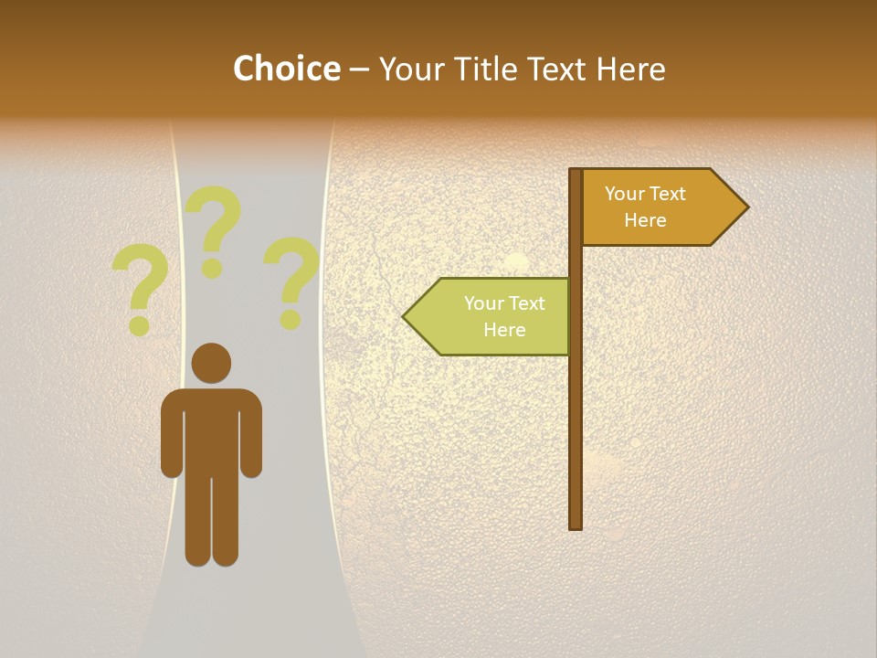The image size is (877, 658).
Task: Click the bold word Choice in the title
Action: pyautogui.click(x=286, y=69)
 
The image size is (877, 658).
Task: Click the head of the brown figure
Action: pyautogui.click(x=211, y=363)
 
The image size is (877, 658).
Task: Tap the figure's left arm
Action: pyautogui.click(x=172, y=434)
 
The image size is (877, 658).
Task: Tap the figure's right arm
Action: pyautogui.click(x=251, y=434)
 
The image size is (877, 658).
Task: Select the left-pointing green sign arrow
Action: pyautogui.click(x=489, y=316)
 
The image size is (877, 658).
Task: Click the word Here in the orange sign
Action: pyautogui.click(x=645, y=220)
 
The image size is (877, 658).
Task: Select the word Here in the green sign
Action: pyautogui.click(x=504, y=330)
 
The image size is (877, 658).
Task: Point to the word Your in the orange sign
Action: pyautogui.click(x=625, y=194)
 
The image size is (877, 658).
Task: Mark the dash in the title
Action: pyautogui.click(x=359, y=69)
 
